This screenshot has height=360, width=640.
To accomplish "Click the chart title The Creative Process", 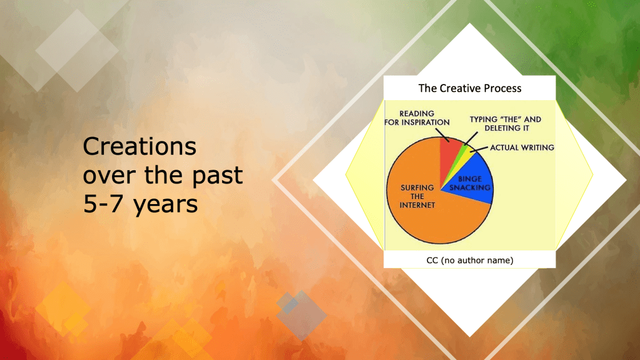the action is [470, 88].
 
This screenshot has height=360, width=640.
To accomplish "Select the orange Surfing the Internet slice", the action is [425, 217].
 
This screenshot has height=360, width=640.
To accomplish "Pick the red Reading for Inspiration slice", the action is [449, 153].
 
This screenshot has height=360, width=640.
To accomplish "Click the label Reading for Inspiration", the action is [417, 118].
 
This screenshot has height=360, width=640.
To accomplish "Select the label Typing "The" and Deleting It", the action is [505, 123].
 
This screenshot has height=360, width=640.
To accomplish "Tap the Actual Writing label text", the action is [522, 148].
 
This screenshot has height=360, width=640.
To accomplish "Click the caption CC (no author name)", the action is [470, 260].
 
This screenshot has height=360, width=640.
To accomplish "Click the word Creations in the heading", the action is [140, 147].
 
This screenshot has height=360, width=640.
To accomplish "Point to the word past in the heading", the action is [218, 176].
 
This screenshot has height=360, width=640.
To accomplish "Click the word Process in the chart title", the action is [500, 88].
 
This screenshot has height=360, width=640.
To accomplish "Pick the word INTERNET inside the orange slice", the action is [417, 205].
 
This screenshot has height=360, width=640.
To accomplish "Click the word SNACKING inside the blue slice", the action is [470, 188].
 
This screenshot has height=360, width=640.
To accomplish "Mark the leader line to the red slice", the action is [442, 135].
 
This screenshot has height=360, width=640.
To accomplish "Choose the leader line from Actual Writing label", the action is [479, 149].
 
